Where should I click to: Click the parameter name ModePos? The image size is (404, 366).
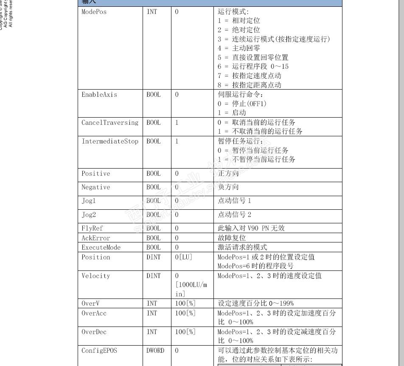point(94,12)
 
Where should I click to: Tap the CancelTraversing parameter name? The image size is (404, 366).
point(110,123)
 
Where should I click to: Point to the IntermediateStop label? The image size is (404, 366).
point(110,141)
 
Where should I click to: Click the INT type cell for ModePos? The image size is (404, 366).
point(151,12)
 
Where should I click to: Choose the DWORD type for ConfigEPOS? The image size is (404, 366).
point(155,351)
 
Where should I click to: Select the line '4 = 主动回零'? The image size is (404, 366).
point(239,48)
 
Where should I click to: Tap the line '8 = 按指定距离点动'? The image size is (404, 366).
point(250,85)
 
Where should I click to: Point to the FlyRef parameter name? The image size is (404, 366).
point(92,228)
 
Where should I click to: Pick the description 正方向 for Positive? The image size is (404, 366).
point(228,174)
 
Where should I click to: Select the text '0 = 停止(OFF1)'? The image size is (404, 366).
point(242,104)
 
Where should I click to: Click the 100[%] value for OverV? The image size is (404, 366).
point(185,304)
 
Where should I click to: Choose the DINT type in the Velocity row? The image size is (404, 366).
point(154,276)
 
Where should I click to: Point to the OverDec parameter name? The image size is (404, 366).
point(94,332)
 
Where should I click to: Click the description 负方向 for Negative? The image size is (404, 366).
point(228,187)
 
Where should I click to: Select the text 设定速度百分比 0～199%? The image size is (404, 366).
point(255,304)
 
